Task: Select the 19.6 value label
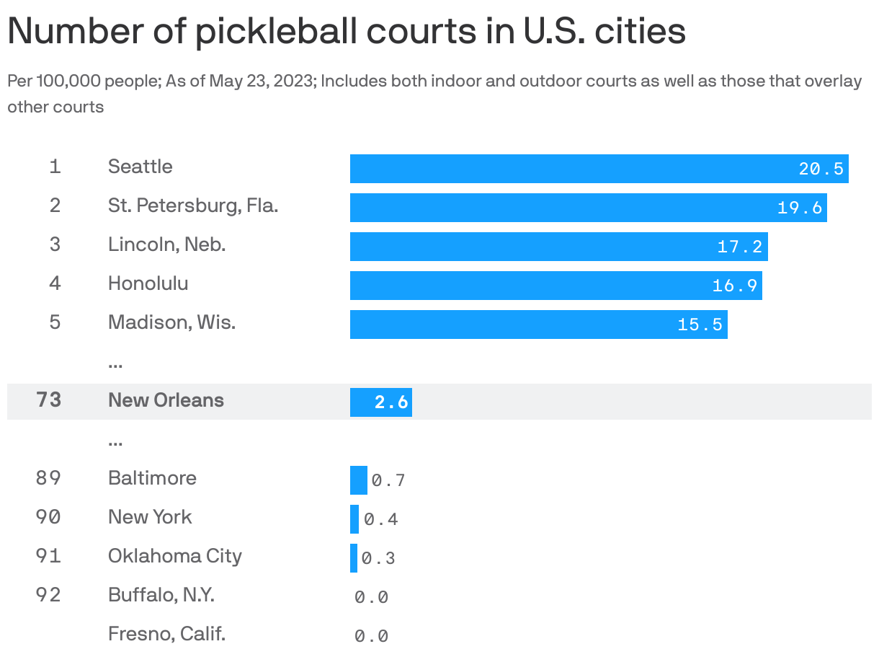click(x=800, y=208)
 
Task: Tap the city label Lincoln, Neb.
click(x=166, y=244)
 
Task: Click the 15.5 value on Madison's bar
click(x=700, y=325)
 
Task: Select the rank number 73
click(x=48, y=400)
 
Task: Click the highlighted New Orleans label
click(x=166, y=400)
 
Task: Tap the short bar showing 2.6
click(x=380, y=402)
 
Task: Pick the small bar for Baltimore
click(x=358, y=480)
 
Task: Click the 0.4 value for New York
click(x=380, y=519)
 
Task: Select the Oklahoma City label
click(x=174, y=556)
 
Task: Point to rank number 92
click(x=48, y=595)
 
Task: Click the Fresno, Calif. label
click(x=166, y=634)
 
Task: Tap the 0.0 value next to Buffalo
click(x=371, y=597)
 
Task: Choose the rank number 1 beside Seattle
click(x=55, y=167)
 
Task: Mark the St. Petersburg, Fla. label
click(x=192, y=206)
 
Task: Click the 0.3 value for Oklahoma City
click(x=378, y=558)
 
